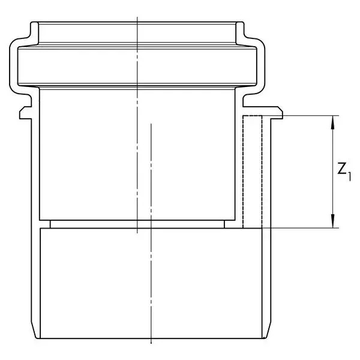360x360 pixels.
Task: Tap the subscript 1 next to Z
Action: tap(349, 177)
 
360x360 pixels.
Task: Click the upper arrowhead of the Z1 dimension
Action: tap(332, 122)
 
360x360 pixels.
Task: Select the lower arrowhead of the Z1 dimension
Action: tap(332, 221)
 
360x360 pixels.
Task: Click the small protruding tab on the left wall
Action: tap(25, 113)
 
